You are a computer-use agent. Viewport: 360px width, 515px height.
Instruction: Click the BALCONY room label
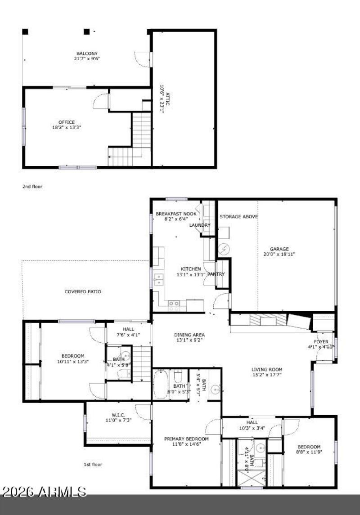(87, 54)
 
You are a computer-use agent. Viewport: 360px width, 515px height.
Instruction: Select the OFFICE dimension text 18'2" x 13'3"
(67, 127)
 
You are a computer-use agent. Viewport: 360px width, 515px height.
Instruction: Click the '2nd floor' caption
(32, 186)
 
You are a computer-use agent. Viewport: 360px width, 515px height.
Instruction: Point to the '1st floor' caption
(93, 464)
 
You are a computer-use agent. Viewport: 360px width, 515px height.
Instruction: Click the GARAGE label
(279, 249)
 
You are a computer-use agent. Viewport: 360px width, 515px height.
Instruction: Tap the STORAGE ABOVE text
(238, 217)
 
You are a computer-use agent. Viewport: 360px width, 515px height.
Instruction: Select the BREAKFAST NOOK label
(176, 214)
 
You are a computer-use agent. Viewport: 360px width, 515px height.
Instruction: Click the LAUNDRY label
(200, 225)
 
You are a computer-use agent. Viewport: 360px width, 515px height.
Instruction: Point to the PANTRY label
(216, 274)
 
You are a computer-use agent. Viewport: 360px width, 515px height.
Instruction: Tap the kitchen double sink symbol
(158, 279)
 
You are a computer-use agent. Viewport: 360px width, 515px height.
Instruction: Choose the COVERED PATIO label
(83, 291)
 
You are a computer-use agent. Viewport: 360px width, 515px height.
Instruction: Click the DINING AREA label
(189, 335)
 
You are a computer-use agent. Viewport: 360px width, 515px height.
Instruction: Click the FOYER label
(321, 342)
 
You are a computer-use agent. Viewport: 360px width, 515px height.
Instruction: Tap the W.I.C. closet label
(118, 415)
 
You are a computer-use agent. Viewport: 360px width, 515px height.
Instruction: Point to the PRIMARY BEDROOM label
(186, 439)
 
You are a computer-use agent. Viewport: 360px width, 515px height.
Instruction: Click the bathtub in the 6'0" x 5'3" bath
(160, 385)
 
